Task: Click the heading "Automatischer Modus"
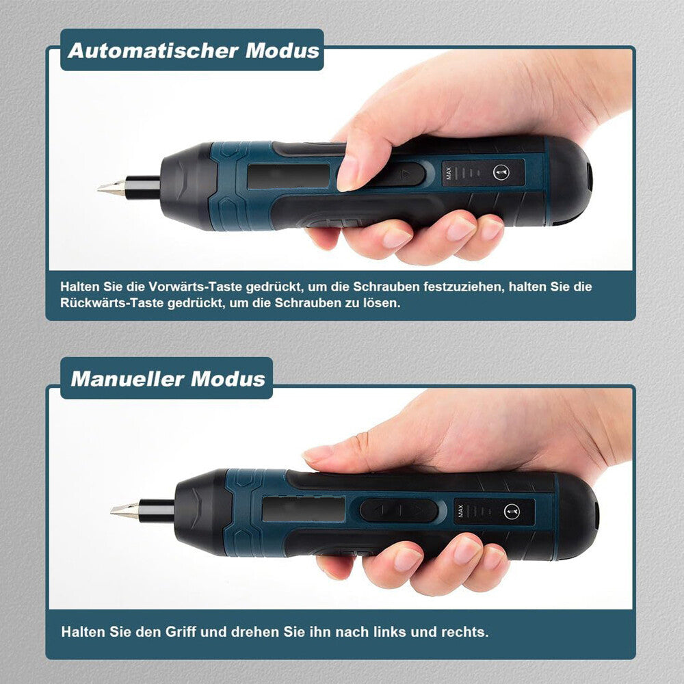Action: (x=194, y=51)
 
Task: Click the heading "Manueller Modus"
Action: (x=168, y=378)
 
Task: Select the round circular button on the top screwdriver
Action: (x=501, y=173)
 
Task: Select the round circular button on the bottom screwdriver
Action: (x=514, y=511)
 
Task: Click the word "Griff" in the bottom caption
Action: (x=177, y=631)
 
